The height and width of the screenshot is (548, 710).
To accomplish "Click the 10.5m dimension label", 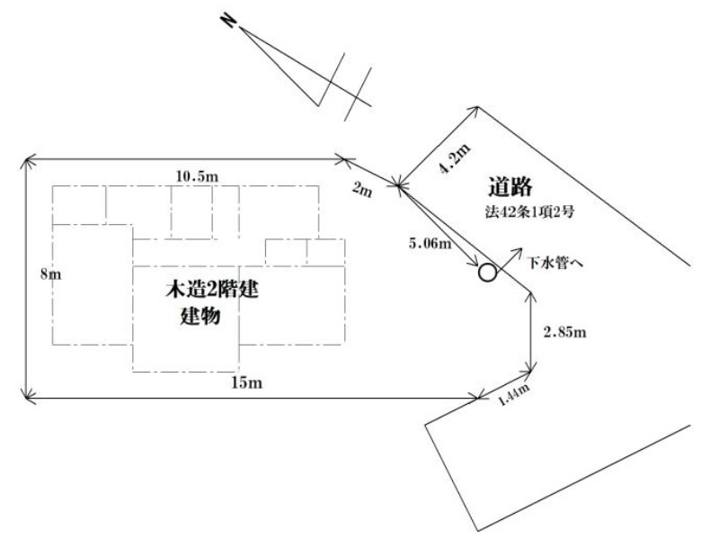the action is coord(197,175).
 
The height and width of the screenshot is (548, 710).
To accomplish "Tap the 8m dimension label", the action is coord(50,274).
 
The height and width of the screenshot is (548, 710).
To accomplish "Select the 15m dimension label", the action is coord(247,382).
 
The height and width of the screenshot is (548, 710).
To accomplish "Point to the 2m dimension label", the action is coord(362,189).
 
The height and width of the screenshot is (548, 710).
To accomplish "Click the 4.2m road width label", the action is coord(455,158).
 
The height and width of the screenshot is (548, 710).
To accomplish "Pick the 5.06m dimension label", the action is coord(430,243).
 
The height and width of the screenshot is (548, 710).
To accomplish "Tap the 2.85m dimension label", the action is coord(564,332).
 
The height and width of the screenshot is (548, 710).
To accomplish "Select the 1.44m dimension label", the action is coord(513,395).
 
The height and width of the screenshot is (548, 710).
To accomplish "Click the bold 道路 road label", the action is coord(510,187).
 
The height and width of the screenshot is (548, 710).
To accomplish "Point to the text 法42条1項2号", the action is coord(529,212).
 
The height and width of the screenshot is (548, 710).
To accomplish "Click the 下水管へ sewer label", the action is coord(555,263).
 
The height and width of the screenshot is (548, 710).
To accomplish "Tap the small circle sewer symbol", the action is coord(487,273).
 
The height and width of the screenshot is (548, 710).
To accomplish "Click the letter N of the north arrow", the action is coord(228,22).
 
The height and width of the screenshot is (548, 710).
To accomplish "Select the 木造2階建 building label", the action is coord(211,290).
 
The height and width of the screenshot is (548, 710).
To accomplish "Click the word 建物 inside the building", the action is coord(200,316).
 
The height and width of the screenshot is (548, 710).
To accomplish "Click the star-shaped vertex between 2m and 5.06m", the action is coord(399,184).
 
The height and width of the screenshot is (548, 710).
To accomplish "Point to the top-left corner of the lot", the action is coord(26,159).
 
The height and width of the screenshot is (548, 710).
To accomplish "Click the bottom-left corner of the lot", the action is coord(26,399).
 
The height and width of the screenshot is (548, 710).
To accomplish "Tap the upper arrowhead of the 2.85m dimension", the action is coord(530,296).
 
